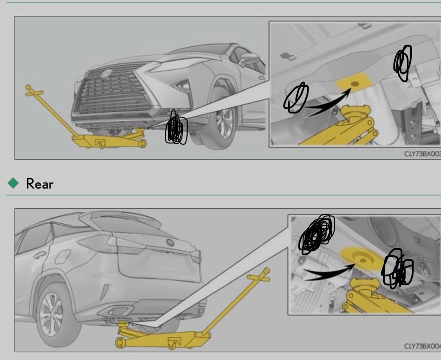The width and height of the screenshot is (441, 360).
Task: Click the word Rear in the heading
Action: point(40,184)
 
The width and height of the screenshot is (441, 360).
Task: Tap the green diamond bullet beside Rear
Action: point(13,183)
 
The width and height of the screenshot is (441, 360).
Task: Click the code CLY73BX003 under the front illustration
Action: point(422,154)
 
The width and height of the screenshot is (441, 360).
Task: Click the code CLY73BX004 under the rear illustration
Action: point(422,346)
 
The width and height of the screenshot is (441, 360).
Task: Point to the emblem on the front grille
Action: point(107,74)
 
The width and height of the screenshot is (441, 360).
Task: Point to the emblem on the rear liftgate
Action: point(170,242)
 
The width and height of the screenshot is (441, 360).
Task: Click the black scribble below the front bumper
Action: point(176,128)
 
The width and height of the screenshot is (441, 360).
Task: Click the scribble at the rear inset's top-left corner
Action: point(317,234)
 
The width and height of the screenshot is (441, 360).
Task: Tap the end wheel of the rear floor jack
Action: point(120,343)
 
